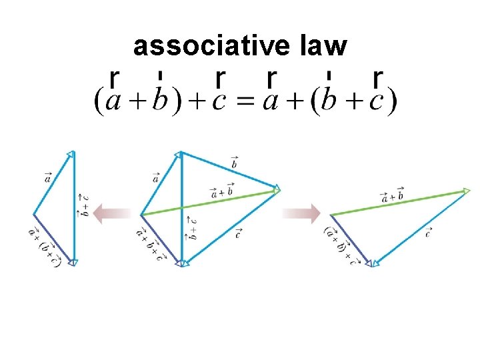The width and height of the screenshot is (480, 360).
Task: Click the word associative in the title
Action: tap(211, 46)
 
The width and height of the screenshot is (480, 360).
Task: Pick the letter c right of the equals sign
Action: tap(377, 103)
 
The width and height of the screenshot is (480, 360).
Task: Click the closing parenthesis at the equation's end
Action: tap(392, 102)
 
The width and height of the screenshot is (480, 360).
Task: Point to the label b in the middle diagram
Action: tap(234, 162)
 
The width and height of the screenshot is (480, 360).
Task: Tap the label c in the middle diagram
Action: tap(238, 233)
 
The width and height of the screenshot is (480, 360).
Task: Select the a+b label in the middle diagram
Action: tap(222, 191)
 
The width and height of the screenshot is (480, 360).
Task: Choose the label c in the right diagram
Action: tap(427, 233)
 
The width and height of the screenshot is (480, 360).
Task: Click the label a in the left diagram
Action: tap(47, 177)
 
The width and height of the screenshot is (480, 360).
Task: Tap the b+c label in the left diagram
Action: tap(82, 205)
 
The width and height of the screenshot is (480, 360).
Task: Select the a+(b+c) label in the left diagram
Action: tap(45, 246)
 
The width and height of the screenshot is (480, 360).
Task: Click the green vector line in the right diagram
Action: tap(400, 203)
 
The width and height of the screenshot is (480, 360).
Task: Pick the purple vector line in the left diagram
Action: tap(53, 239)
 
